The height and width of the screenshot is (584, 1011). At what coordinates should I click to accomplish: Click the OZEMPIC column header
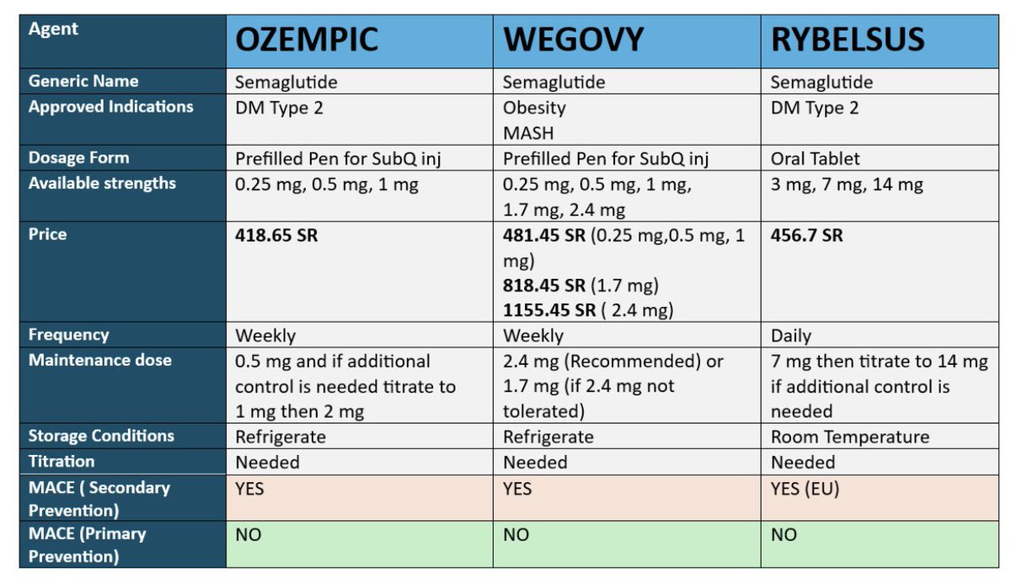307,40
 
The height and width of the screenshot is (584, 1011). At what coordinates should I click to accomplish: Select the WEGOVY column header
573,40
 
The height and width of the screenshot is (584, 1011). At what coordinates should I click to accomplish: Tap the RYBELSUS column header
848,40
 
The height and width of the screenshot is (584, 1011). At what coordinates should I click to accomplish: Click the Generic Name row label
83,81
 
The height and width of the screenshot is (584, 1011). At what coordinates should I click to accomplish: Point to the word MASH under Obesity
528,133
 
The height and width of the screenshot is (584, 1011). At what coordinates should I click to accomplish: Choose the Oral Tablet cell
816,158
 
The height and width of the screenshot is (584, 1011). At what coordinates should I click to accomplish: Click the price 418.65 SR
276,235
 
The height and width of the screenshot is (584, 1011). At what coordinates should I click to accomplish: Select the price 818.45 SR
544,285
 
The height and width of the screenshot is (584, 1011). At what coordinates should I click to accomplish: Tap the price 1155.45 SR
549,310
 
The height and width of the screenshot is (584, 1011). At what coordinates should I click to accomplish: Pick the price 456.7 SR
806,235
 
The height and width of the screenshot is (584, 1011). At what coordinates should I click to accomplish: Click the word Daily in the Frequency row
791,335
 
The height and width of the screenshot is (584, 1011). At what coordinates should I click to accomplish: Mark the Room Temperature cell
850,437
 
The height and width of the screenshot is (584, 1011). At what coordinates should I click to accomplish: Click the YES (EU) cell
805,489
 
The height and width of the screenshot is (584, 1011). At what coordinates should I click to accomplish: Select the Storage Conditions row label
101,436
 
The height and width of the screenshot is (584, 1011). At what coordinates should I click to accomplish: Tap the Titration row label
62,461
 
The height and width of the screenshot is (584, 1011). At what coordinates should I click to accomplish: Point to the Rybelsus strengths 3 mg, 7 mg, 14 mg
847,185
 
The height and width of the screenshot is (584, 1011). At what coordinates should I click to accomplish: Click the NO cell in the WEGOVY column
516,535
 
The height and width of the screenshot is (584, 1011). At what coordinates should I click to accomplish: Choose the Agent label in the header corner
53,29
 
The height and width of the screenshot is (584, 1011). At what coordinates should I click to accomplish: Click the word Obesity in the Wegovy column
534,109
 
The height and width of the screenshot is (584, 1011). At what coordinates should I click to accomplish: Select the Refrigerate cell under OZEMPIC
281,437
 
